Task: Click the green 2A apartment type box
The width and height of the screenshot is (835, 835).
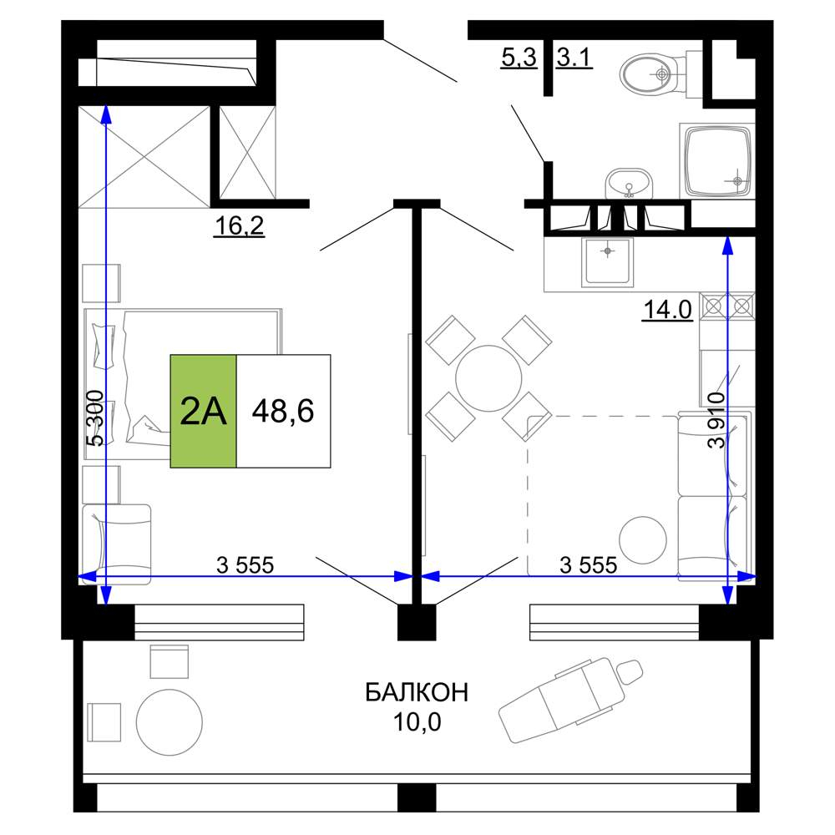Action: (x=203, y=411)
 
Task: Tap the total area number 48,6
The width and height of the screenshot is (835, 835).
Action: (x=283, y=411)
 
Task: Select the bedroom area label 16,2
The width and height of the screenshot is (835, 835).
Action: (x=239, y=225)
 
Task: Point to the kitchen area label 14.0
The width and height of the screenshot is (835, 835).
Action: (x=668, y=310)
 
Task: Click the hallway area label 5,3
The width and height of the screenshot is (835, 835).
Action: (x=519, y=57)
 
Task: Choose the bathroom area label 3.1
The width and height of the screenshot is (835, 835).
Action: (x=574, y=57)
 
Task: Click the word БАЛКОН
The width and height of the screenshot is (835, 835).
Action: (x=417, y=692)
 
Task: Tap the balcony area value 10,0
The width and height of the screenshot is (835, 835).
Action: (x=417, y=722)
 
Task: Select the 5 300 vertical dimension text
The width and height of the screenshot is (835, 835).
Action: (x=96, y=418)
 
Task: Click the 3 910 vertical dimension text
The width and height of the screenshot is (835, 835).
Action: (x=716, y=421)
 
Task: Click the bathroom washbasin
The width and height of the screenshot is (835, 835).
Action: (x=629, y=184)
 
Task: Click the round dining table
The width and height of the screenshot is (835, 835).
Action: (x=488, y=378)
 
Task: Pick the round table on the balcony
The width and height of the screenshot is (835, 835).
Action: (x=170, y=722)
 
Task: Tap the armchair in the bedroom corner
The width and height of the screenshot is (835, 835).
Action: (x=117, y=544)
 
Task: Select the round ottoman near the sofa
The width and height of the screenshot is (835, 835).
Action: (x=643, y=540)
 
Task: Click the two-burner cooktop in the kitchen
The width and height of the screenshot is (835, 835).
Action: (x=727, y=306)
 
